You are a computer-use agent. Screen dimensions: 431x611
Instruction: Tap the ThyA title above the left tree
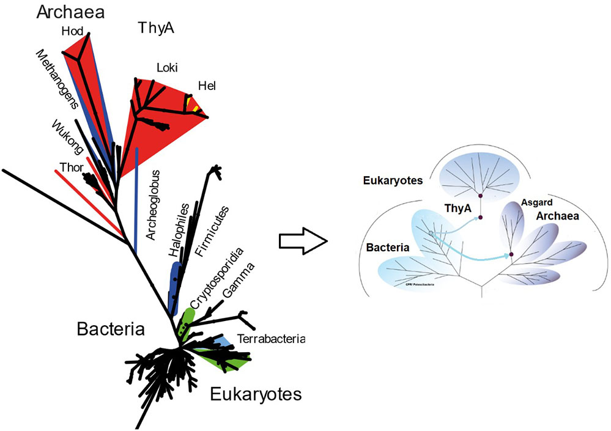(x=152, y=26)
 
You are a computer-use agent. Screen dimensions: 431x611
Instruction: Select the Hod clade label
(x=72, y=30)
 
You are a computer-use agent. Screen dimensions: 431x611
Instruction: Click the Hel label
(x=207, y=87)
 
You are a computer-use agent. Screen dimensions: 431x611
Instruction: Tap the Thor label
(x=71, y=166)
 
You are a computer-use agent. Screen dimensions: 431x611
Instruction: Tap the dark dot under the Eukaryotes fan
(x=481, y=196)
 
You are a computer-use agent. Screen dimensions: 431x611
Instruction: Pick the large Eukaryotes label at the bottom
(x=256, y=394)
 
